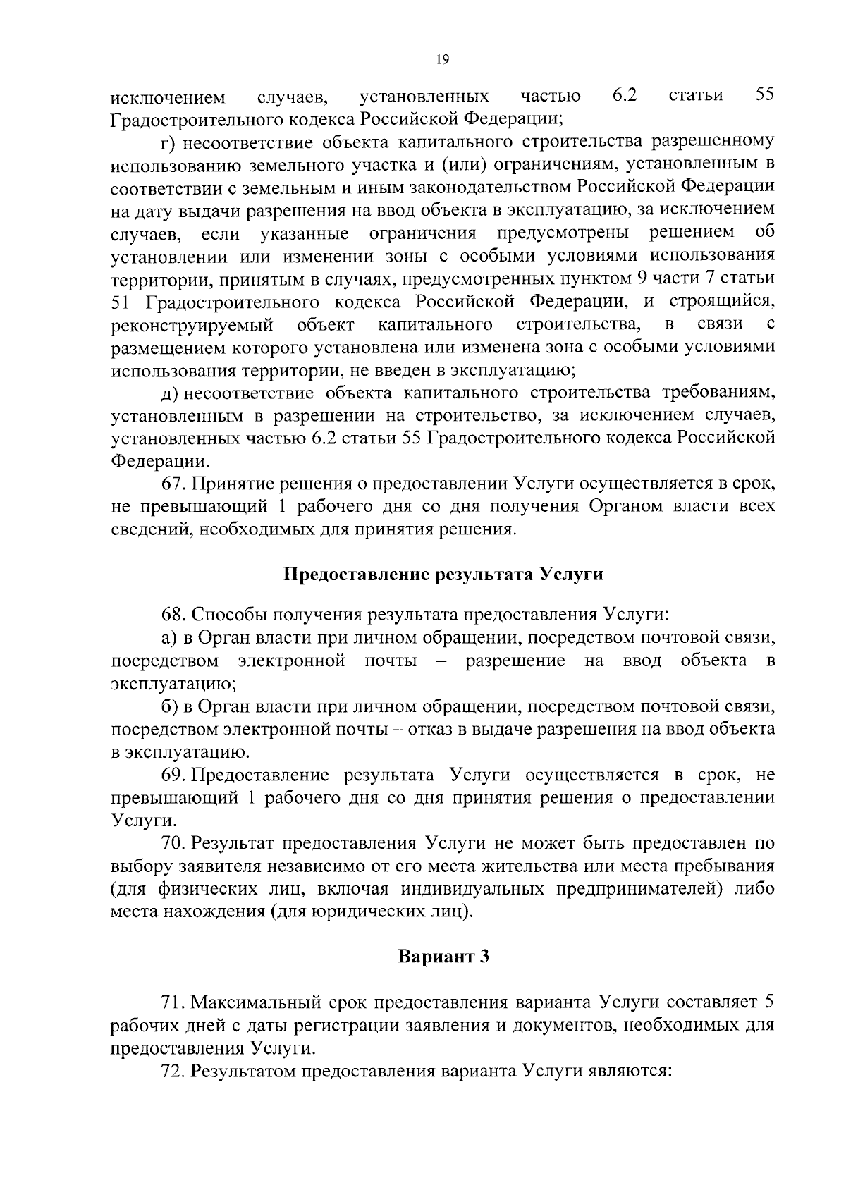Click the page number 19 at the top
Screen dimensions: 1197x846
[x=443, y=60]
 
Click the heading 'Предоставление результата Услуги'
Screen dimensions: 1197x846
[x=443, y=574]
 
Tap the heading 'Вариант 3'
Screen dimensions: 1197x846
[x=443, y=957]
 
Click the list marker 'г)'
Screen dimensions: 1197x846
[x=168, y=142]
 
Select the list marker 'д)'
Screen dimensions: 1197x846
[x=168, y=393]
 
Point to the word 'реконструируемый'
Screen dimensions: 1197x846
[x=192, y=325]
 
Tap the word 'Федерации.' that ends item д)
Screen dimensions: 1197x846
[x=161, y=462]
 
